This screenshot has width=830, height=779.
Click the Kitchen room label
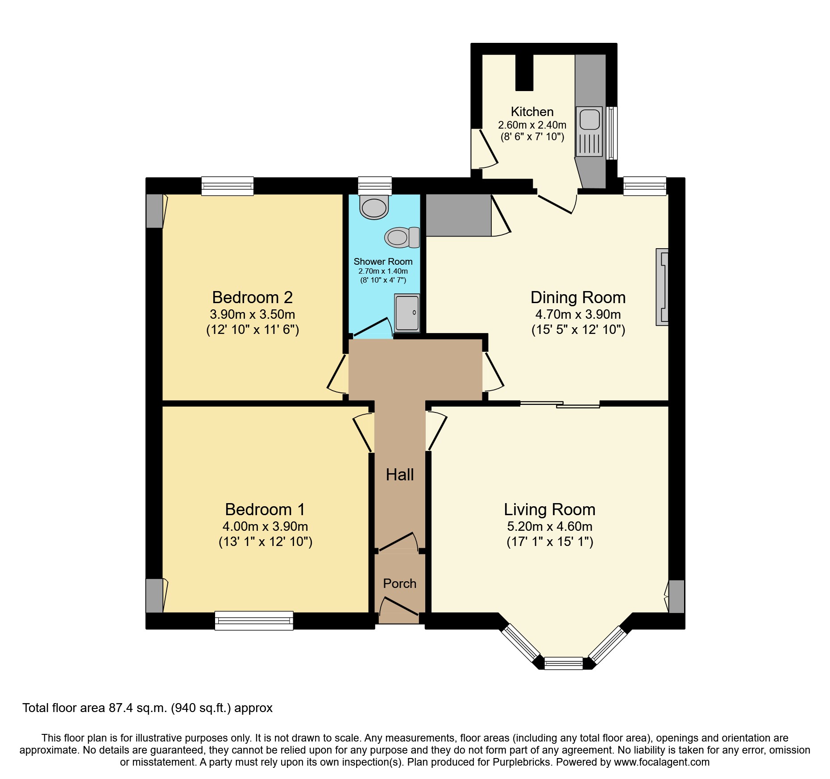pyautogui.click(x=532, y=112)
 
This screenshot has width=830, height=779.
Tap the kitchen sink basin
pyautogui.click(x=589, y=120)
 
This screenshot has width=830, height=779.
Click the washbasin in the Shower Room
pyautogui.click(x=374, y=208)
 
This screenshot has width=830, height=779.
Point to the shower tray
pyautogui.click(x=407, y=313)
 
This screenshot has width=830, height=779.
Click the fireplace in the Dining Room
pyautogui.click(x=662, y=287)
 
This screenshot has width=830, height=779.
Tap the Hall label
pyautogui.click(x=400, y=475)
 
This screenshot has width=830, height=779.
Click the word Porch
pyautogui.click(x=399, y=583)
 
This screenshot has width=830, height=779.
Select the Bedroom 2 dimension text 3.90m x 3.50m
pyautogui.click(x=253, y=314)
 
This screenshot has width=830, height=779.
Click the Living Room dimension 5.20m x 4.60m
pyautogui.click(x=550, y=526)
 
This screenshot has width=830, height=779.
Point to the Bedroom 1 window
pyautogui.click(x=254, y=620)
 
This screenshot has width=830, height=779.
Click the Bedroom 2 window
pyautogui.click(x=228, y=186)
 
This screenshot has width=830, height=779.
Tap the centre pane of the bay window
pyautogui.click(x=564, y=663)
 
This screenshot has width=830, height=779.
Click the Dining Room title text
pyautogui.click(x=578, y=297)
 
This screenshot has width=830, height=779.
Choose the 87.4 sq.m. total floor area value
pyautogui.click(x=138, y=708)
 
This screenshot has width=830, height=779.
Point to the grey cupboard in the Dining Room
pyautogui.click(x=458, y=215)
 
